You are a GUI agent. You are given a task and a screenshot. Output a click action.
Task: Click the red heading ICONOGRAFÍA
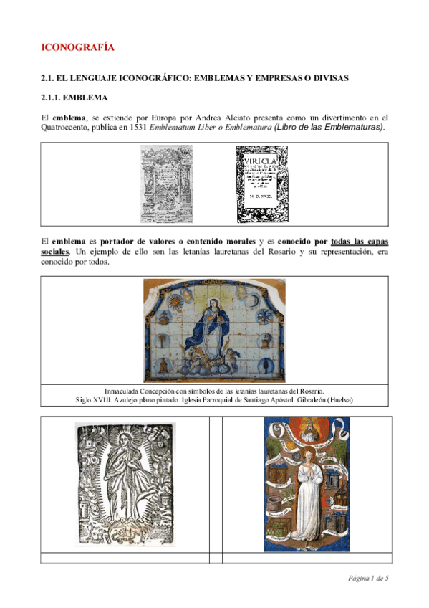78,48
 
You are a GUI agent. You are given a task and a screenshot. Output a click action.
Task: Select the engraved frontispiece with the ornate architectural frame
165,184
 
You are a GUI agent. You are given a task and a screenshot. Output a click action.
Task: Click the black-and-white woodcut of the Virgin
125,485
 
